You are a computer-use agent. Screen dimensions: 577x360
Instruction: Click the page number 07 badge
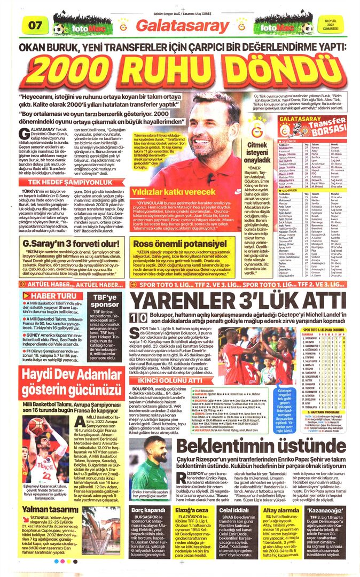tap(36, 25)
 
